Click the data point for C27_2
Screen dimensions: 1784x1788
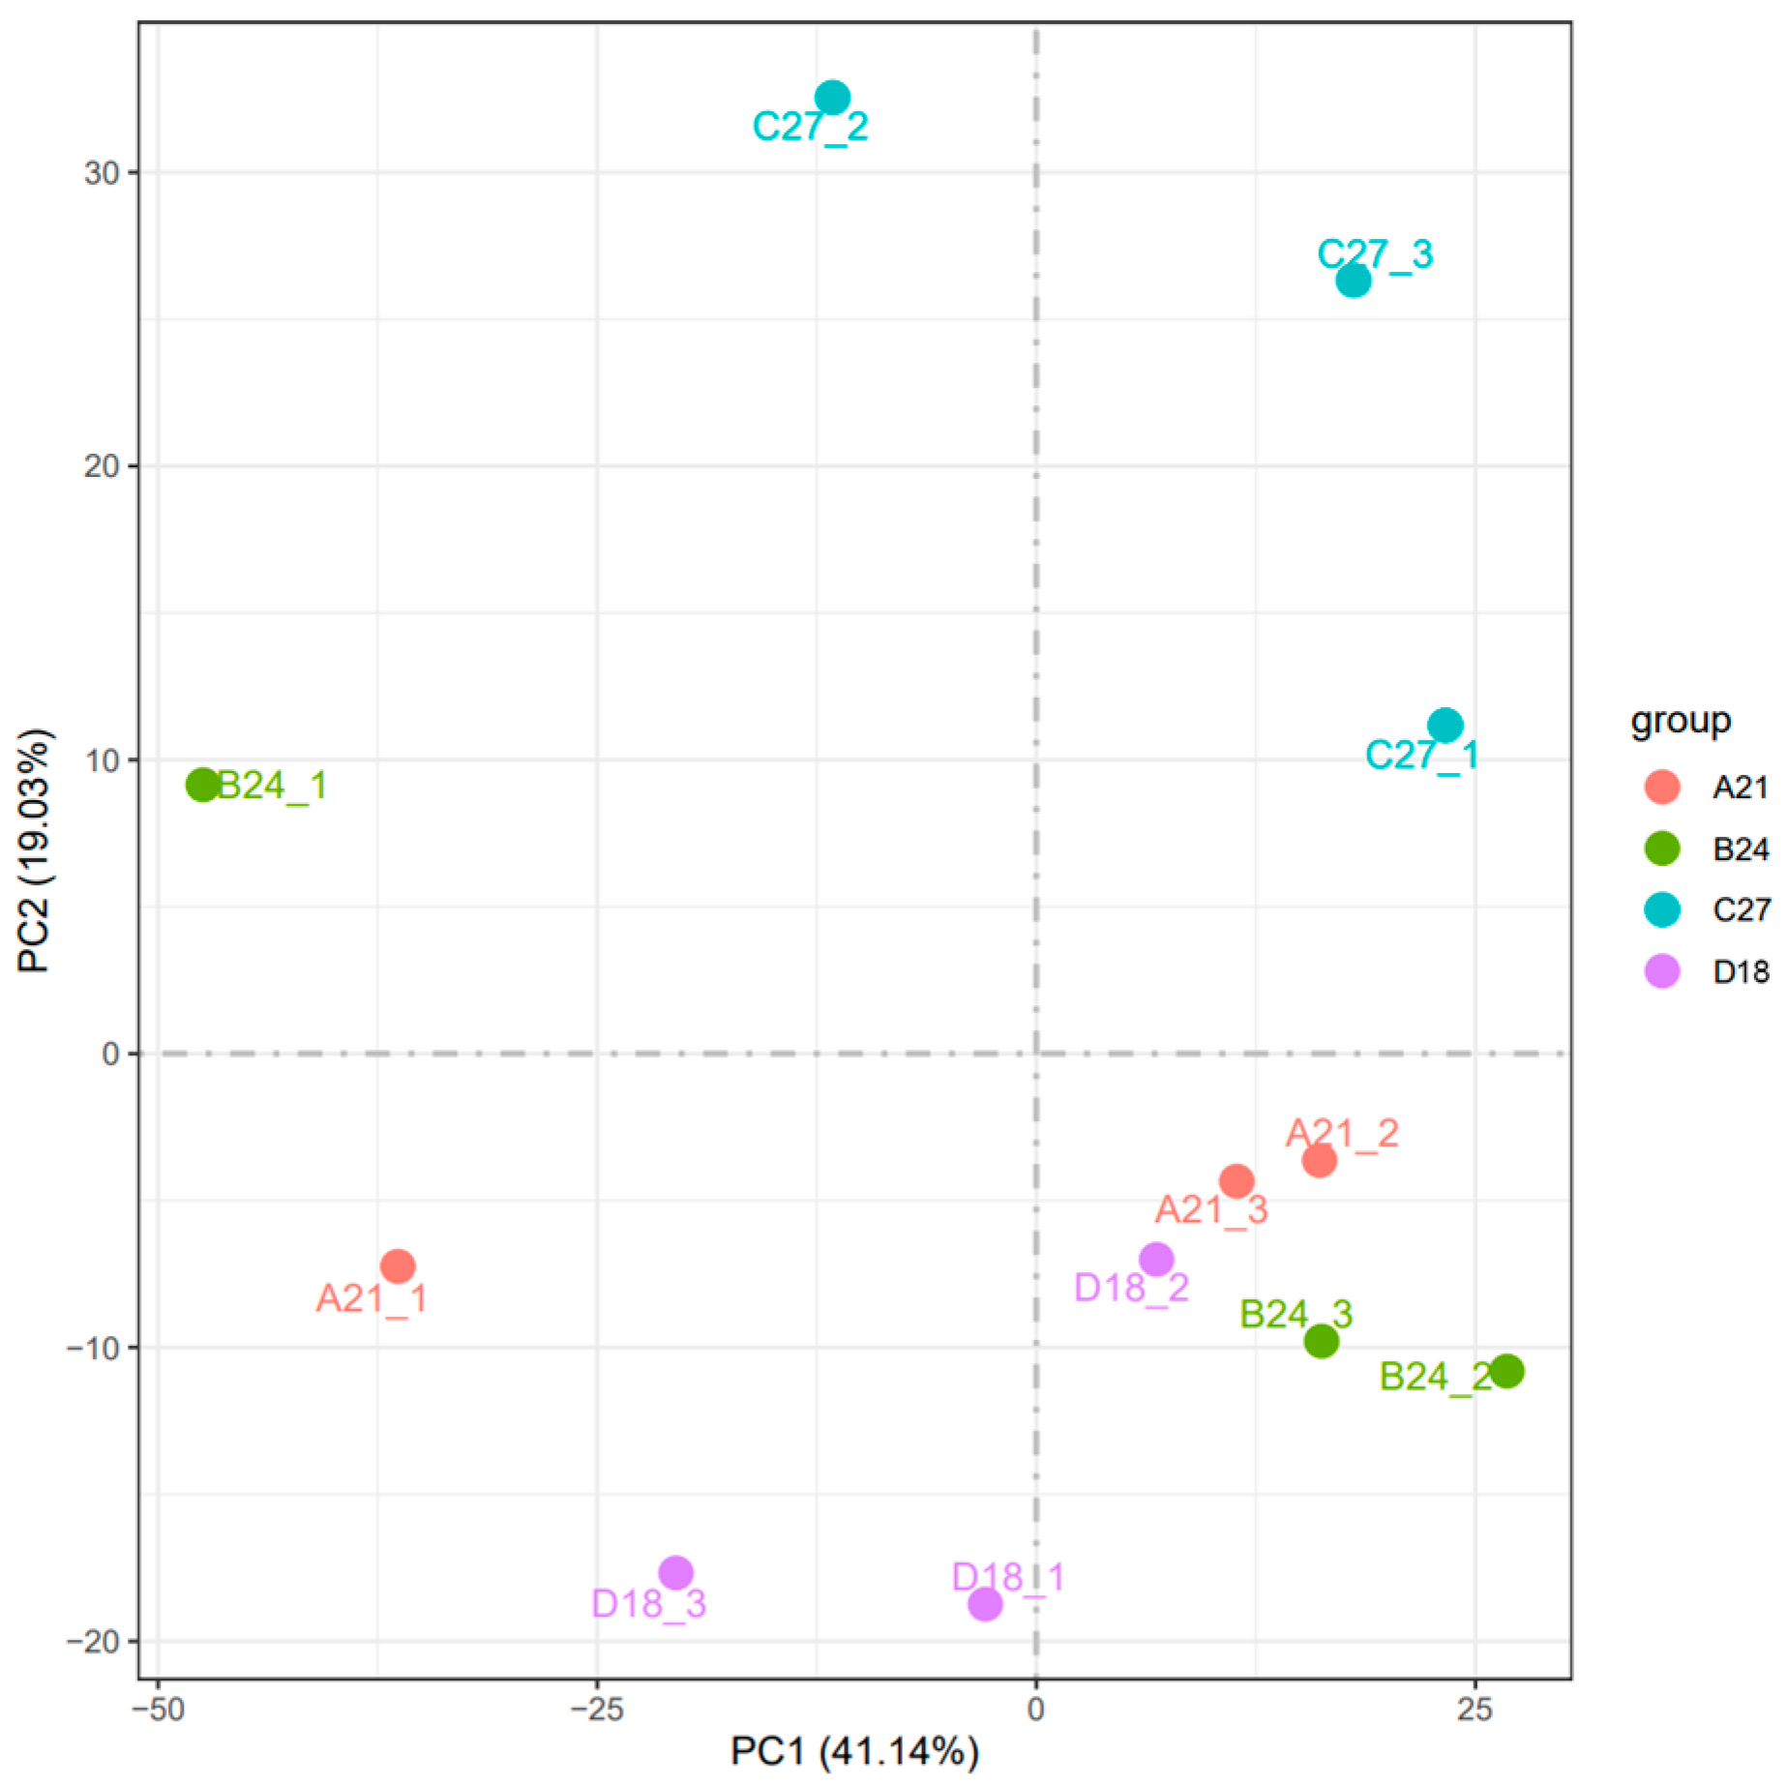[832, 98]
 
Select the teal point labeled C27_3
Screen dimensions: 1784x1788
[1353, 281]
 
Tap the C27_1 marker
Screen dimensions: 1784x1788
[1445, 725]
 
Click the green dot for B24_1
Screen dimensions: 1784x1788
[202, 785]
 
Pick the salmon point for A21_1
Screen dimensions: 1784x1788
[398, 1265]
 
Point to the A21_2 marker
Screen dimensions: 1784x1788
[1319, 1160]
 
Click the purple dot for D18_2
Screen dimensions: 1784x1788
[1156, 1260]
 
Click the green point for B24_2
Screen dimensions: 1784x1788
[1506, 1371]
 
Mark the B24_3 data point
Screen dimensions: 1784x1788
[1321, 1341]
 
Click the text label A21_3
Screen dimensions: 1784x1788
[1210, 1210]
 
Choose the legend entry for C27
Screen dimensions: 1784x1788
[1741, 909]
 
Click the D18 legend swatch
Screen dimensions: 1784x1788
[1661, 971]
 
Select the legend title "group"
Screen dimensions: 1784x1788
[1680, 721]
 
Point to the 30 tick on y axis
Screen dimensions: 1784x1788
[102, 173]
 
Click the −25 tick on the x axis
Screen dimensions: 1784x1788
[596, 1710]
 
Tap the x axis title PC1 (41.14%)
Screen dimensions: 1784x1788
[854, 1752]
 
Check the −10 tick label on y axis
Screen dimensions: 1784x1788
[93, 1348]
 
